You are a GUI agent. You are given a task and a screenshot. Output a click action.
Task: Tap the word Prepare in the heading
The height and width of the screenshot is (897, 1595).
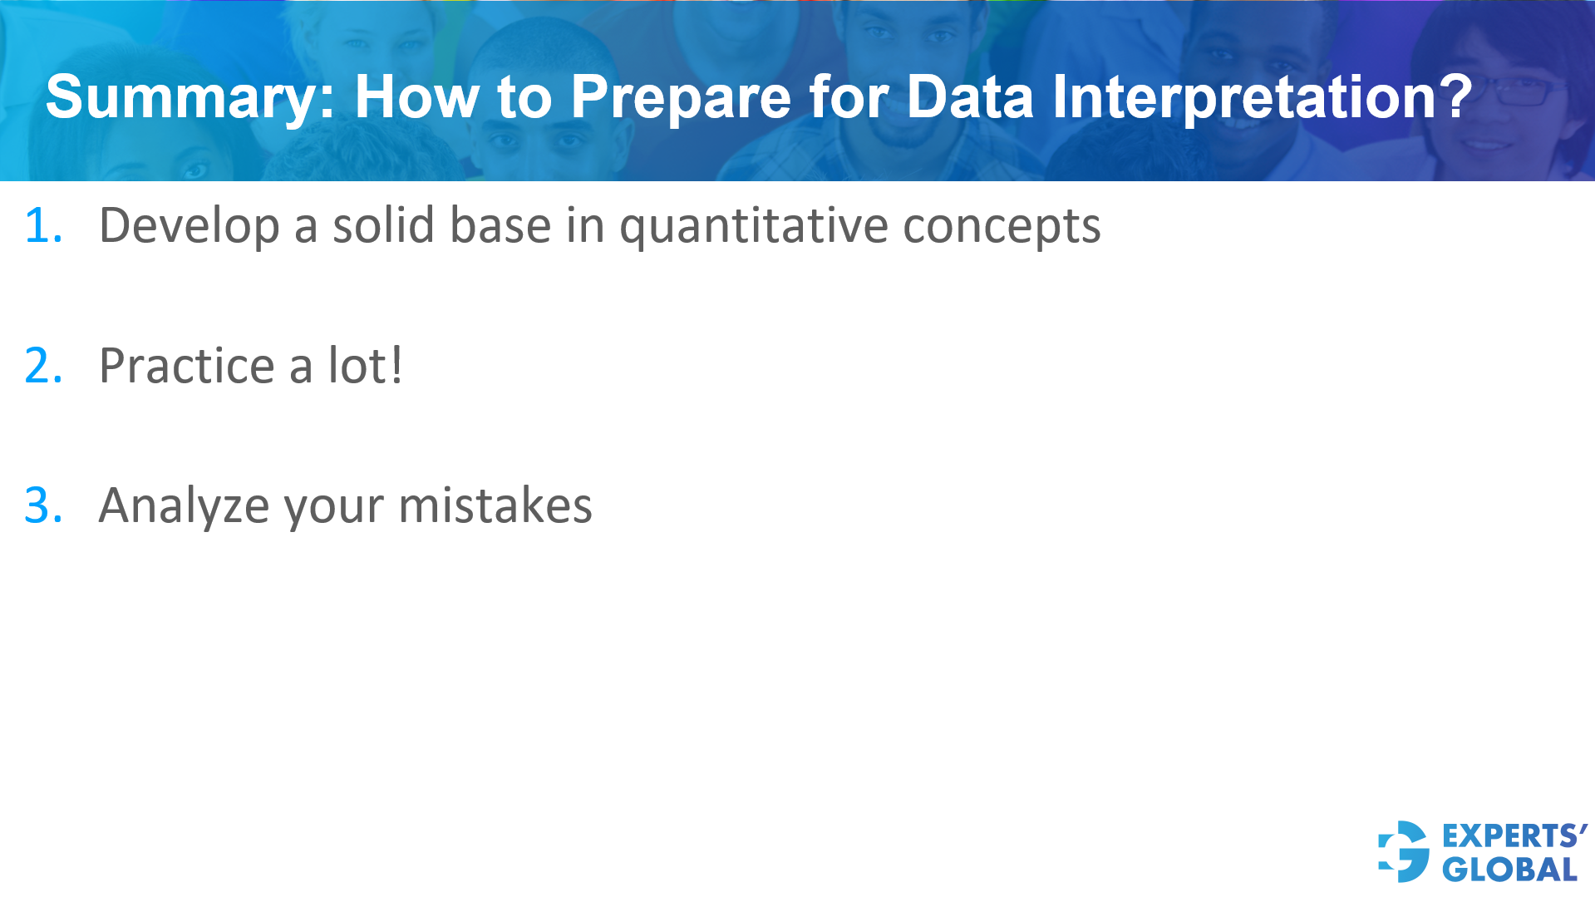pyautogui.click(x=681, y=97)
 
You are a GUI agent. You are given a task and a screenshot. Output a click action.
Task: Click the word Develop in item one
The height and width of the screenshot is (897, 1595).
pyautogui.click(x=189, y=226)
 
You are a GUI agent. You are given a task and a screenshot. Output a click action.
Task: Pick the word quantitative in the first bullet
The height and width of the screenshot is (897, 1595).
pyautogui.click(x=753, y=226)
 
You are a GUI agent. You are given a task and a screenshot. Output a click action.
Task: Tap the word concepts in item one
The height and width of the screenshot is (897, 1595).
pyautogui.click(x=1002, y=226)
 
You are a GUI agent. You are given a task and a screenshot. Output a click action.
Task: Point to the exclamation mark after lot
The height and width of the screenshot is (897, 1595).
pyautogui.click(x=396, y=364)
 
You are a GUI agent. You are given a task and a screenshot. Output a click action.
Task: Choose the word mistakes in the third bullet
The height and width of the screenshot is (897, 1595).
pyautogui.click(x=495, y=505)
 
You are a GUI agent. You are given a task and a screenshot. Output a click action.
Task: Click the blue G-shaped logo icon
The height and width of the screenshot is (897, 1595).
pyautogui.click(x=1404, y=851)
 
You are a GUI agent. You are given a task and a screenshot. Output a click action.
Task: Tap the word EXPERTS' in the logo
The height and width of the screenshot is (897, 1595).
pyautogui.click(x=1514, y=835)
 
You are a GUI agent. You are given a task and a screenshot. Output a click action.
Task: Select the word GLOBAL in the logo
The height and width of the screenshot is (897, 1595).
pyautogui.click(x=1509, y=870)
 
